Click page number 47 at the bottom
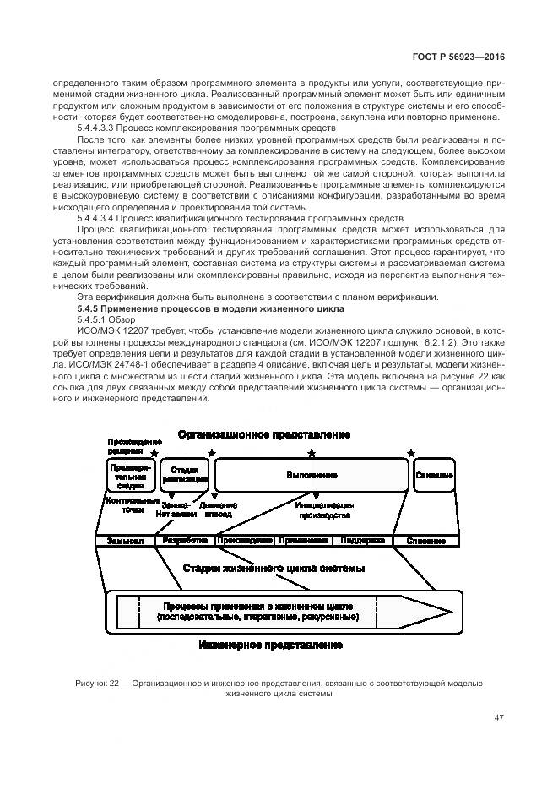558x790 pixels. pos(499,719)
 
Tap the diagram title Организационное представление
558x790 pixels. pos(263,434)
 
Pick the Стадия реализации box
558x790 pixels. pos(185,474)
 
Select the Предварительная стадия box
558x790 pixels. pos(130,475)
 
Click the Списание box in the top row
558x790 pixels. pos(434,475)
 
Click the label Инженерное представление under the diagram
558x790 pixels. pos(271,645)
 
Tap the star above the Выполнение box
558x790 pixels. pos(312,454)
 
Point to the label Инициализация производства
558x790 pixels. pos(322,509)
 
